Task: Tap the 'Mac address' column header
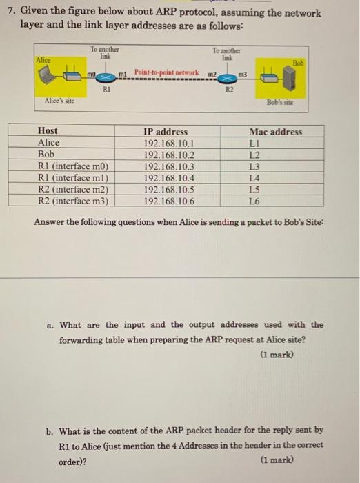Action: [x=275, y=131]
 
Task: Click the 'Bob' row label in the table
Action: [x=46, y=155]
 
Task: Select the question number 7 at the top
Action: [x=10, y=10]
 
